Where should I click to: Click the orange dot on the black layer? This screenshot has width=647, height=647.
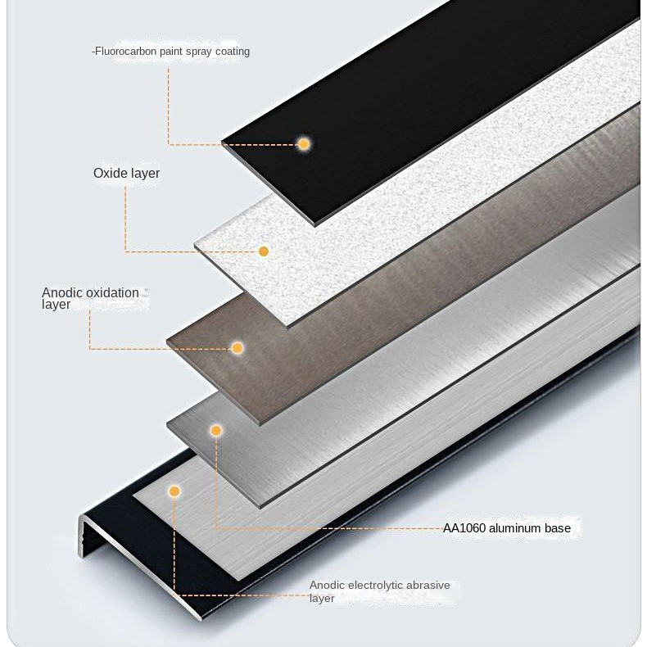(x=304, y=144)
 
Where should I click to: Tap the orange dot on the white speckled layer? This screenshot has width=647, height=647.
(x=264, y=251)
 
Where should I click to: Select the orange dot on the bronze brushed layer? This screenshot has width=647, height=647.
(x=238, y=348)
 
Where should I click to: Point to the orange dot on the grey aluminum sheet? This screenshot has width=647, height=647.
(x=216, y=431)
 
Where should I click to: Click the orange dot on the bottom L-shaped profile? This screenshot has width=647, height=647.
(x=174, y=491)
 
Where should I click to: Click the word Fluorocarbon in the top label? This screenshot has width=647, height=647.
(x=123, y=52)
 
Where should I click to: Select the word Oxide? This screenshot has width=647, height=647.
(x=108, y=174)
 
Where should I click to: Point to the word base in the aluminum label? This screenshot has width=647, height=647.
(x=558, y=528)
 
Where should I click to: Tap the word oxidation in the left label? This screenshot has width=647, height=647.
(x=113, y=292)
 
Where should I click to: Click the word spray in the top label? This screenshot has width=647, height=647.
(x=197, y=52)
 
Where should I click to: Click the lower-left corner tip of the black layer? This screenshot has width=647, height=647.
(x=223, y=144)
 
